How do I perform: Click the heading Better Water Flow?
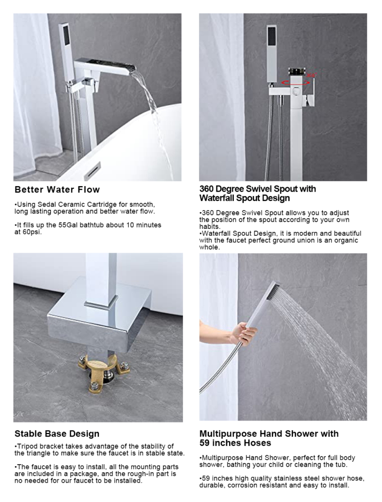(57, 190)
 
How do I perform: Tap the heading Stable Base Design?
(57, 434)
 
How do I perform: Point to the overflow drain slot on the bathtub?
(92, 171)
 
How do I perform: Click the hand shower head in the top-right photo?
(271, 52)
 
